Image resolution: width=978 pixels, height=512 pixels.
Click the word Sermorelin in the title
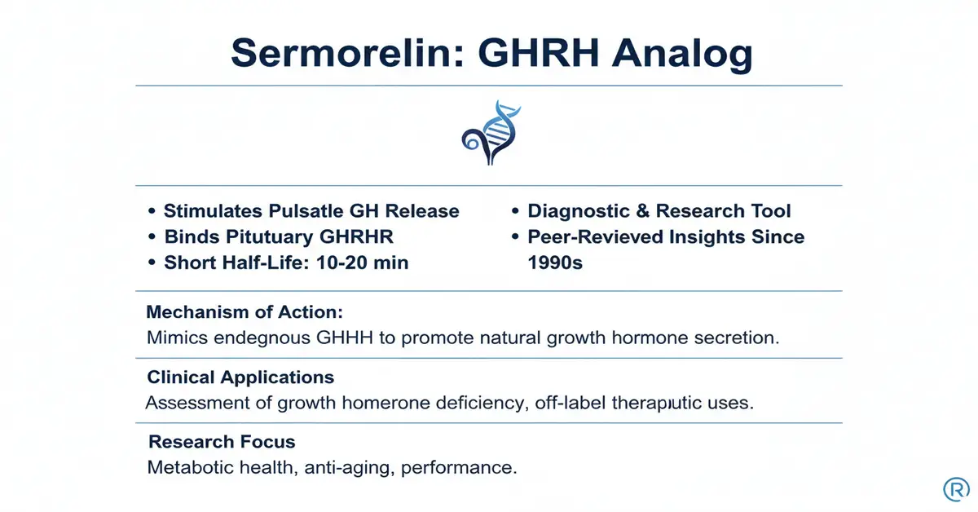(x=347, y=53)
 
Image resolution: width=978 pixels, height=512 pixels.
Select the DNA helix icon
(x=491, y=132)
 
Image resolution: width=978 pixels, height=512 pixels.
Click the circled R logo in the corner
(x=956, y=489)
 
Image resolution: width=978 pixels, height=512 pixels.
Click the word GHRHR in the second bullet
(x=356, y=236)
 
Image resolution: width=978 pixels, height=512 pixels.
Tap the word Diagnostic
(x=578, y=211)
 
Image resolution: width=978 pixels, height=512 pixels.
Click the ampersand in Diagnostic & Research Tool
(x=642, y=211)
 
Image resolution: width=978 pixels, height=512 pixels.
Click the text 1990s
(x=555, y=263)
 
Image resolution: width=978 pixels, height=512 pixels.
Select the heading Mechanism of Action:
(x=244, y=312)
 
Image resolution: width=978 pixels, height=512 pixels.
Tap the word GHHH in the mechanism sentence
(x=345, y=338)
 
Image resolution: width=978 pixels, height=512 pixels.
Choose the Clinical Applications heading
(x=240, y=377)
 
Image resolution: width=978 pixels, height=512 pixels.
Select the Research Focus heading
(x=222, y=442)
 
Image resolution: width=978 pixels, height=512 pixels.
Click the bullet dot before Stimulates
(x=152, y=211)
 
